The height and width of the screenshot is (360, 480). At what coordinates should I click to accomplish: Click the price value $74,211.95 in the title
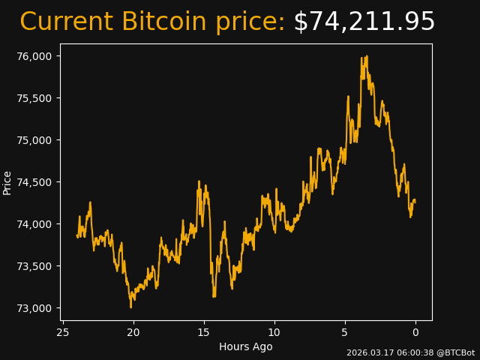pyautogui.click(x=364, y=22)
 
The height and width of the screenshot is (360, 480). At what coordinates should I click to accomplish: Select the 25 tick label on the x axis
pyautogui.click(x=63, y=333)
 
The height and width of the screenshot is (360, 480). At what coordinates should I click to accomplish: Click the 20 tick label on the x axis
pyautogui.click(x=133, y=333)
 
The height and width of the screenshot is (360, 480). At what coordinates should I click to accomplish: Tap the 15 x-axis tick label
pyautogui.click(x=204, y=333)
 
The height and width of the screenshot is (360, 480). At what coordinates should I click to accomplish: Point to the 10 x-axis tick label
pyautogui.click(x=274, y=333)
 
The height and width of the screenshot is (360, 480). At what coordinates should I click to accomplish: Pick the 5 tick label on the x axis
pyautogui.click(x=345, y=333)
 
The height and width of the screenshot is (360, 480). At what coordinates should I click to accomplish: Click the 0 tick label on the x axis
pyautogui.click(x=415, y=333)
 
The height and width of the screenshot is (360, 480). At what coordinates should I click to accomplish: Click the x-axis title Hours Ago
pyautogui.click(x=246, y=346)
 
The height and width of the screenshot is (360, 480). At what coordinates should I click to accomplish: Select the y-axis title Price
pyautogui.click(x=7, y=182)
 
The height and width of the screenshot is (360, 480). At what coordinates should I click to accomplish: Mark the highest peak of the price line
pyautogui.click(x=366, y=56)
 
